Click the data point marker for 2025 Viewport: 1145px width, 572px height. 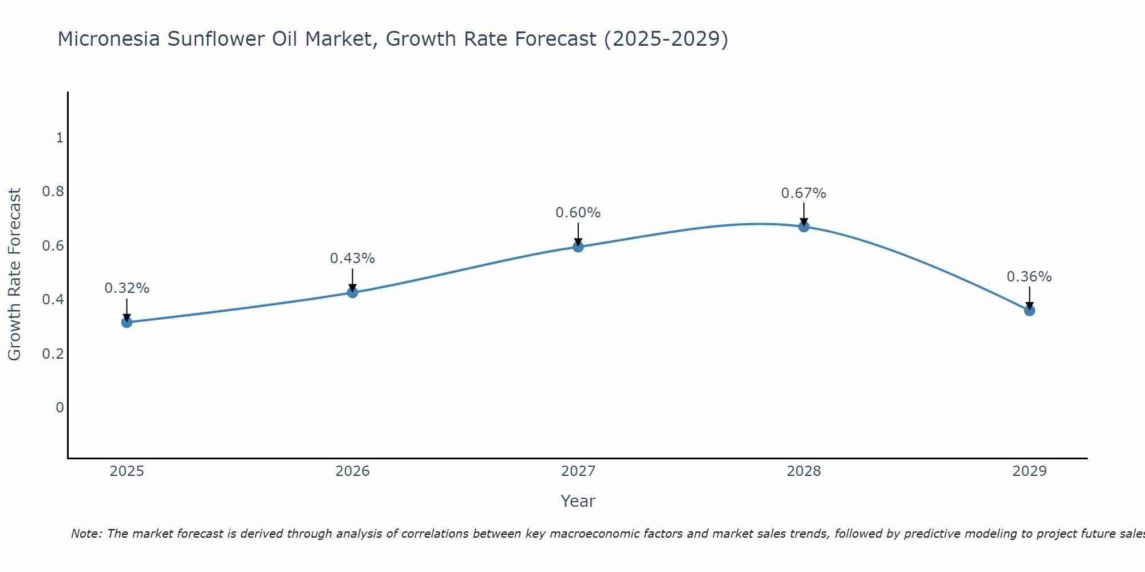127,323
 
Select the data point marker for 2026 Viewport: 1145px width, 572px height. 353,293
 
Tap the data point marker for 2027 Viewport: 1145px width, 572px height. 578,247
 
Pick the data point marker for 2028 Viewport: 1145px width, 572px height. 804,227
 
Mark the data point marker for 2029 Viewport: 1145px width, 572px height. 1029,311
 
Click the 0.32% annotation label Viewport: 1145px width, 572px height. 127,288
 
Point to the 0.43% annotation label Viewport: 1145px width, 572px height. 353,259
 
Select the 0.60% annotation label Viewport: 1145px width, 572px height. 578,213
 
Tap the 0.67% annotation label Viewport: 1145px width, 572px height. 804,193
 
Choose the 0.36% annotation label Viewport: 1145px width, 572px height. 1029,277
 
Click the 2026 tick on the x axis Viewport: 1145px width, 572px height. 353,471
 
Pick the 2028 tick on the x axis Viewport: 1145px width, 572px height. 804,471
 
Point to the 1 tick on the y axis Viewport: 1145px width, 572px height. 59,138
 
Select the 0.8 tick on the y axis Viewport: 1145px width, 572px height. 53,192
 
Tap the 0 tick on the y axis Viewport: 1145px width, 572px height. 60,408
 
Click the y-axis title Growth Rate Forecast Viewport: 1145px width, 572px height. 14,275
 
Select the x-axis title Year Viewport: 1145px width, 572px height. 578,501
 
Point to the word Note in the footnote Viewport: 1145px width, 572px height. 86,534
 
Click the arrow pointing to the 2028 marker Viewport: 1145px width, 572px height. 804,214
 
